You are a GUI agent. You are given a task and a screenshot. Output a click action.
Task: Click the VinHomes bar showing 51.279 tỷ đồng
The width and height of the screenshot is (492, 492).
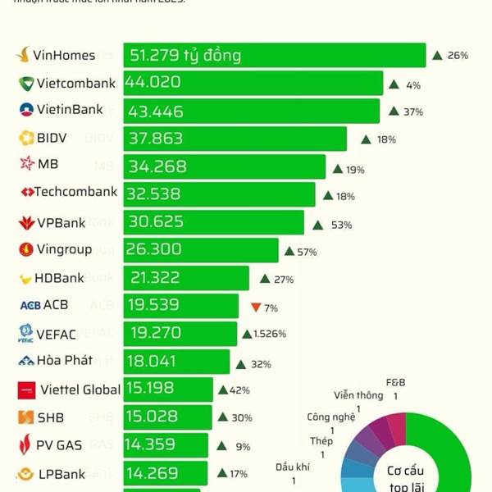click(275, 56)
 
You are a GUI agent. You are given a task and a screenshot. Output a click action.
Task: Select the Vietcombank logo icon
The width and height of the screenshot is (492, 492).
click(26, 83)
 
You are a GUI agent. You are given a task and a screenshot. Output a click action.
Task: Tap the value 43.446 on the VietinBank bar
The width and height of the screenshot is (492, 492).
click(156, 111)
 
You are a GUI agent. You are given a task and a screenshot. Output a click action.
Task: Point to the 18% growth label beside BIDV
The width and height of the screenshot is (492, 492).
click(386, 139)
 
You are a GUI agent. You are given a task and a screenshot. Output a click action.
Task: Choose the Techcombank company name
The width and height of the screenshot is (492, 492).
click(75, 192)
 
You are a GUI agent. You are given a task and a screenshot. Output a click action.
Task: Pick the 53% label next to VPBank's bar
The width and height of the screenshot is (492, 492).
click(342, 225)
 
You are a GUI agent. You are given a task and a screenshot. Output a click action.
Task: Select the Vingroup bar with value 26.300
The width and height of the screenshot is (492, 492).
click(201, 249)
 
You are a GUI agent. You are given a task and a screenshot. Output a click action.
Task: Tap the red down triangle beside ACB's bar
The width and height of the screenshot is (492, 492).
click(255, 307)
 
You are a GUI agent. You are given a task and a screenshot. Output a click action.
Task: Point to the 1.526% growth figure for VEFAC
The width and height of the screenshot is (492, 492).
click(270, 335)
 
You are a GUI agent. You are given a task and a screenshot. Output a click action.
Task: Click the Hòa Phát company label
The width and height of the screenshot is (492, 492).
click(65, 360)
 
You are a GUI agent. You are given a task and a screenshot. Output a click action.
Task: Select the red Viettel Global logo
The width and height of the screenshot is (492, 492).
click(26, 390)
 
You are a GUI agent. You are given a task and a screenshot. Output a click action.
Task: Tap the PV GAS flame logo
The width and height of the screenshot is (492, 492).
click(25, 446)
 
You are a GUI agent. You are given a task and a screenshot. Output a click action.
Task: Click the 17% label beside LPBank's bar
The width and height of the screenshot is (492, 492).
click(239, 473)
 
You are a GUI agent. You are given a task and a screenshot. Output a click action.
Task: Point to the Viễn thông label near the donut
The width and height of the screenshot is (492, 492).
click(358, 395)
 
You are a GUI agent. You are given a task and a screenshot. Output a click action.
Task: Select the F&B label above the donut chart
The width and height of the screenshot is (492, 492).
click(396, 383)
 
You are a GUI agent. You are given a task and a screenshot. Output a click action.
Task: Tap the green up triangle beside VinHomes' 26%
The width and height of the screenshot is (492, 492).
click(437, 56)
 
